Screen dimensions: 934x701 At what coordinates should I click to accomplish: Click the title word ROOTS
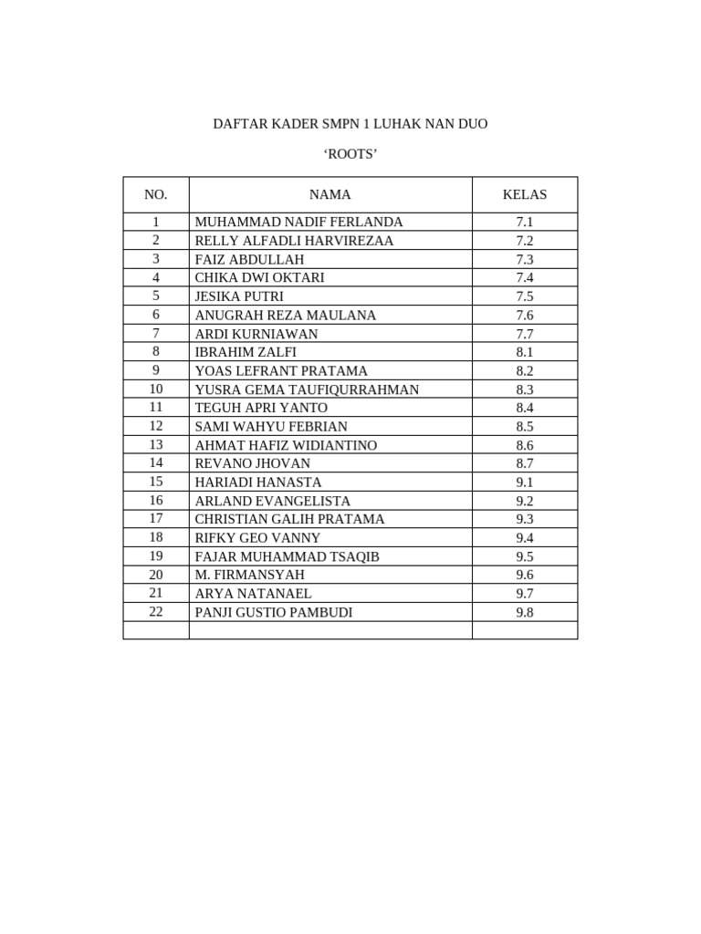click(350, 154)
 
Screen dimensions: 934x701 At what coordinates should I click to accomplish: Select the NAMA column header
click(330, 194)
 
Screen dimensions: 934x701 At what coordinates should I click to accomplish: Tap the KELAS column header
click(524, 194)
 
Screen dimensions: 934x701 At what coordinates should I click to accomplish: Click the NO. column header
click(156, 194)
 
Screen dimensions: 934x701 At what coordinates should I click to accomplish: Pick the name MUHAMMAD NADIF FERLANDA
click(298, 222)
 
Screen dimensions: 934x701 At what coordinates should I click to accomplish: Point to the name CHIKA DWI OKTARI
click(259, 277)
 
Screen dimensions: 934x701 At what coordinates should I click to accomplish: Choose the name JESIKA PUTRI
click(239, 296)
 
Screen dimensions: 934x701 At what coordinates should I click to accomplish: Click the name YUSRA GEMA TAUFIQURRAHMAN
click(307, 389)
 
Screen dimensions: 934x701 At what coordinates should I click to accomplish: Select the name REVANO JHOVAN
click(252, 463)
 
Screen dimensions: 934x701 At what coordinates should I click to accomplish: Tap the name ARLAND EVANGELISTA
click(272, 501)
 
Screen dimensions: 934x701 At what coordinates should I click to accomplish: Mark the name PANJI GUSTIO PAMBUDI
click(273, 612)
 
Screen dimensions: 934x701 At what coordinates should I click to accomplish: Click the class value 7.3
click(524, 259)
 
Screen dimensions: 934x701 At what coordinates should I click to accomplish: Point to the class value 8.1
click(524, 352)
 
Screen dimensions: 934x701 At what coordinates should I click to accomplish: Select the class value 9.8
click(524, 612)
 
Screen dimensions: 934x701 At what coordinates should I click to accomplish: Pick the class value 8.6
click(524, 445)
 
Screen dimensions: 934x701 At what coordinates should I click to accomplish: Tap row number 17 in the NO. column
click(156, 519)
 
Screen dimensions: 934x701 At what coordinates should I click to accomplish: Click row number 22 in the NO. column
click(156, 612)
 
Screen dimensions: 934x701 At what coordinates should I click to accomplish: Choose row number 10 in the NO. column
click(156, 389)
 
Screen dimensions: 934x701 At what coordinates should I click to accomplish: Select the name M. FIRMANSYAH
click(249, 575)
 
